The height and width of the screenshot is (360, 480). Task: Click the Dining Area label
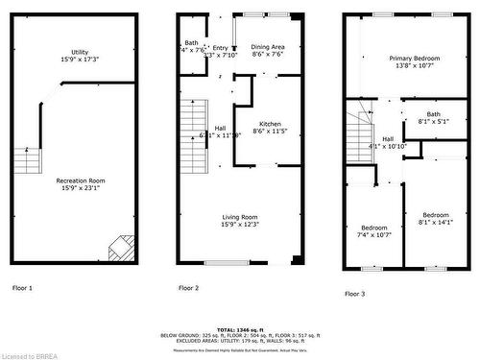tap(268, 47)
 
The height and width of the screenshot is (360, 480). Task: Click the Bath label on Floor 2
tap(191, 42)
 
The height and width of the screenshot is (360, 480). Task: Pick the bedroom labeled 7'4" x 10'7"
tap(373, 228)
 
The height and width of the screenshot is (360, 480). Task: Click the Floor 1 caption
tap(22, 288)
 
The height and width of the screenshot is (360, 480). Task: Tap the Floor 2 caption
tap(188, 288)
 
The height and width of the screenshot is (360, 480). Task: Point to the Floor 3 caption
tap(354, 293)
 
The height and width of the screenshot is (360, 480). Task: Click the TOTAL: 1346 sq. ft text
tap(239, 328)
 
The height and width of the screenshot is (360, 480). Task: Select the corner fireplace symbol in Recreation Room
tap(120, 248)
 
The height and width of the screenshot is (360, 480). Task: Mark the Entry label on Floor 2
tap(221, 48)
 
